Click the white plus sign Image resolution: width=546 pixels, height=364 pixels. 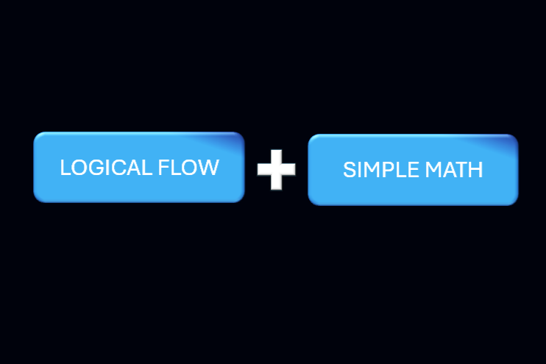coord(276,169)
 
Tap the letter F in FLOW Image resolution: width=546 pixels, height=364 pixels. coord(163,168)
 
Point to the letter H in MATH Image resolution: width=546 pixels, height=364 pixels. coord(475,170)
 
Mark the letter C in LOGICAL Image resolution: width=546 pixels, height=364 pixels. coord(118,168)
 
